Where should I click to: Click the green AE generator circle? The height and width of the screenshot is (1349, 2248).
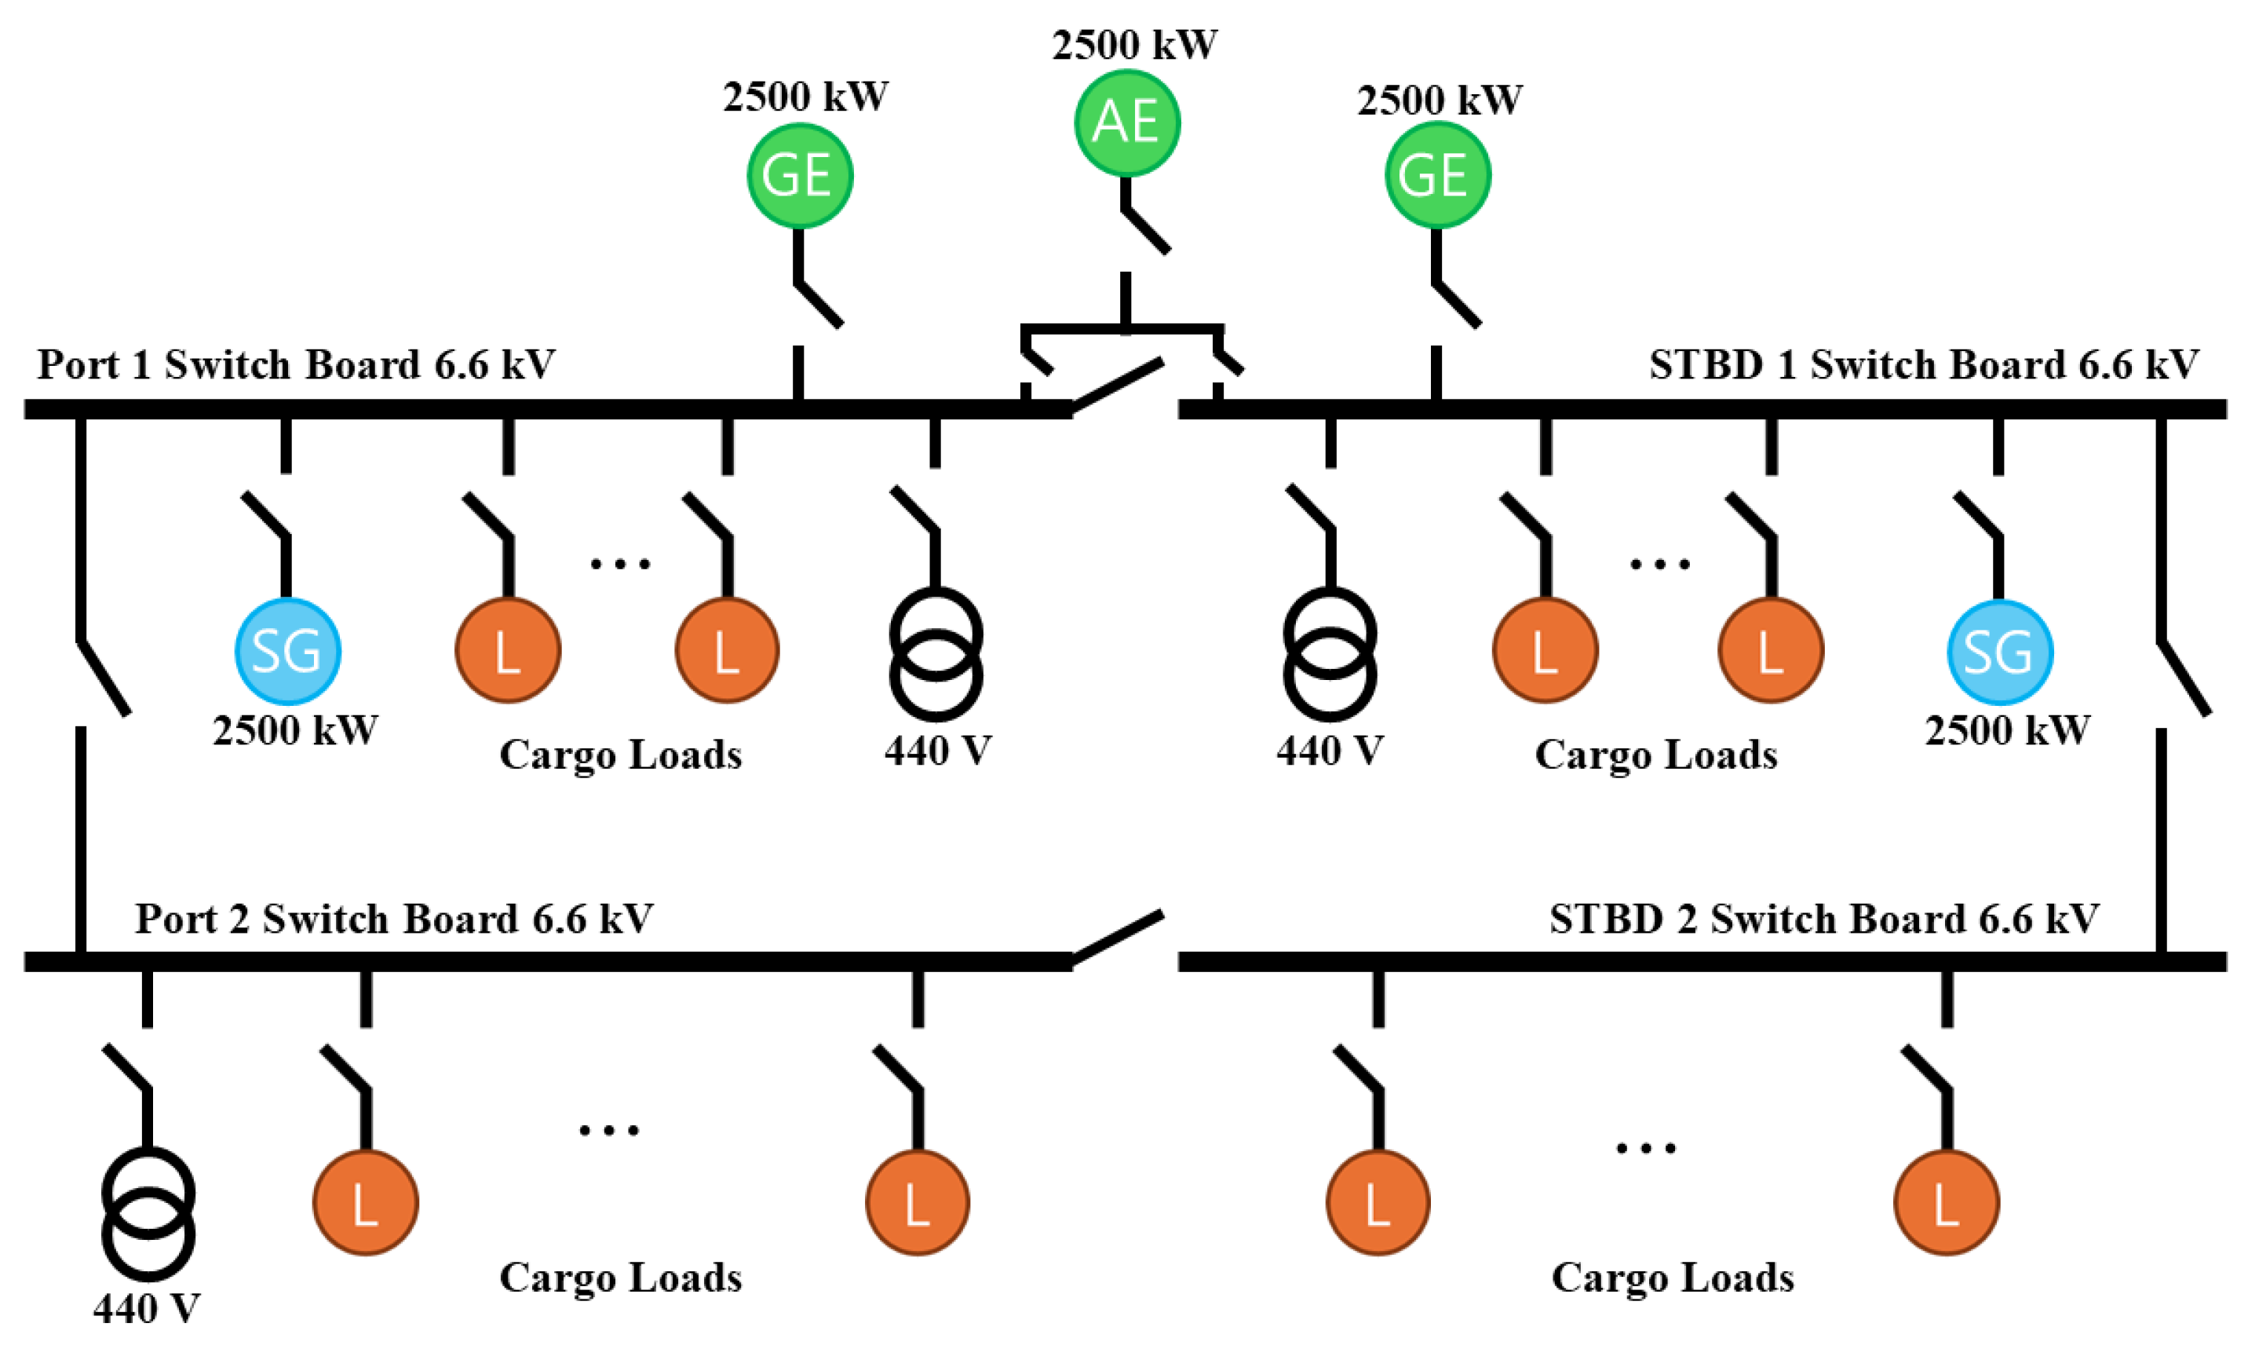coord(1126,122)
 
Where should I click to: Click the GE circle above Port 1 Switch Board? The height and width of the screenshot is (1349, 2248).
coord(800,174)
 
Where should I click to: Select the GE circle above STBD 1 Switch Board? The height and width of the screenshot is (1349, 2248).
coord(1437,174)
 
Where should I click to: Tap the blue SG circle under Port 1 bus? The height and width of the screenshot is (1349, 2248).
coord(287,651)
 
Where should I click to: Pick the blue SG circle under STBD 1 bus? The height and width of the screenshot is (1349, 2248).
coord(1999,651)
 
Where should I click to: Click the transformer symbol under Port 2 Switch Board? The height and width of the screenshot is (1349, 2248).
coord(148,1214)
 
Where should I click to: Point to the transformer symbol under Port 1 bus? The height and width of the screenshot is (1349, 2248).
coord(936,655)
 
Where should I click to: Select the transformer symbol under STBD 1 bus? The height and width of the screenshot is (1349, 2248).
coord(1330,655)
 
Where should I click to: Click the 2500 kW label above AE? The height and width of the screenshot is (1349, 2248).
coord(1134,46)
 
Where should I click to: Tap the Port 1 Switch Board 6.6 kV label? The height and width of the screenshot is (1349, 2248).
coord(295,364)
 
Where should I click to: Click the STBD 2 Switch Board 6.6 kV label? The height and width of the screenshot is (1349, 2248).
coord(1823,918)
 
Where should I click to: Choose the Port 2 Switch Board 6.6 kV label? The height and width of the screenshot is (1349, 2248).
coord(393,918)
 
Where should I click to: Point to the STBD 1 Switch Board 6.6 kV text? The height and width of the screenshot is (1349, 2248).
coord(1924,364)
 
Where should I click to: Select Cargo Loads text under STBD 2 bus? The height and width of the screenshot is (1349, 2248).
coord(1672,1278)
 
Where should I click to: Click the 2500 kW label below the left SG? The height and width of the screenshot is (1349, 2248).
coord(295,731)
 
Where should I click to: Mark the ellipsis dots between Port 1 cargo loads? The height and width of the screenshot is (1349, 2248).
coord(620,565)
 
